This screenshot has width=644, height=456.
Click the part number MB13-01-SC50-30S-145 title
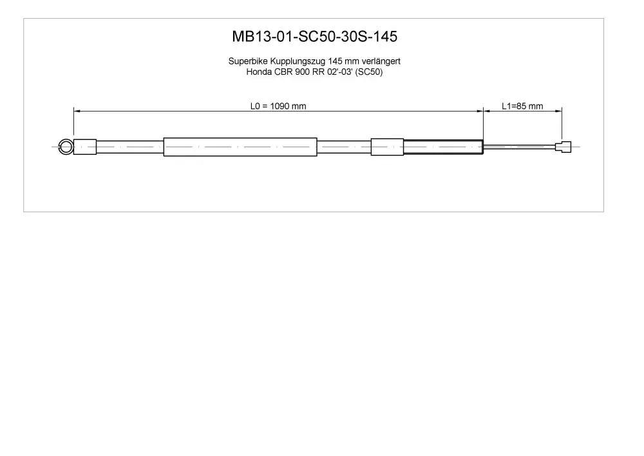tap(315, 37)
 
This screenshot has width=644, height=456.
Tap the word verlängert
tap(381, 61)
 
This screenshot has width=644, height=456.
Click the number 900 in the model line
tap(302, 72)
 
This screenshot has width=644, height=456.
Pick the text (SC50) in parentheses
tap(369, 72)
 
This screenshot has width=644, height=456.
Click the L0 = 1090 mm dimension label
tap(278, 106)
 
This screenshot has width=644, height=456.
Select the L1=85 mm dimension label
tap(522, 106)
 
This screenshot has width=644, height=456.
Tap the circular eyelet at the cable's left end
tap(60, 147)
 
